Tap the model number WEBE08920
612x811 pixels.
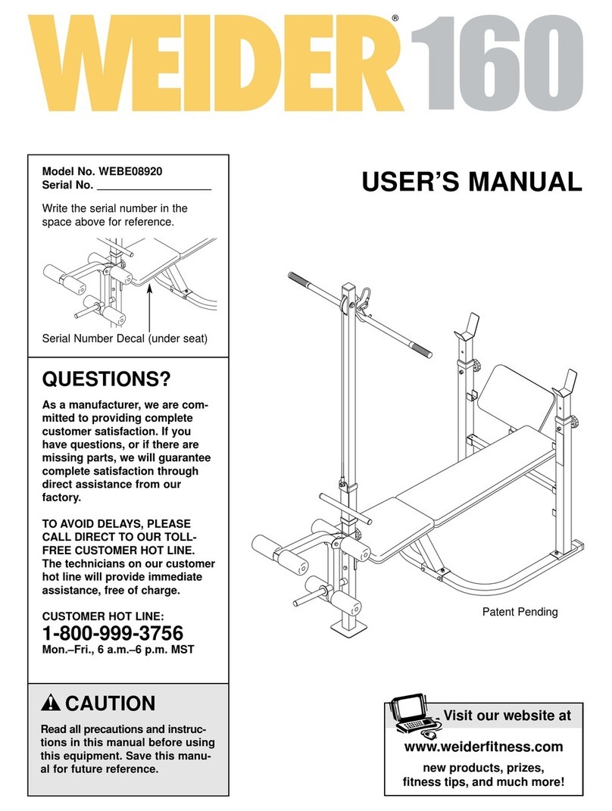(x=136, y=171)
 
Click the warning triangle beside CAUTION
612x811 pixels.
(x=51, y=704)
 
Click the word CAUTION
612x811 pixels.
(x=111, y=704)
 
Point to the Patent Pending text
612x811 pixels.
(x=520, y=612)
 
